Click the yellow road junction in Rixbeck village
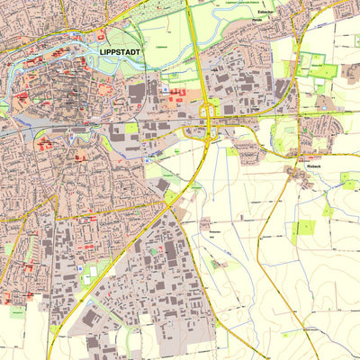[x=293, y=172]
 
